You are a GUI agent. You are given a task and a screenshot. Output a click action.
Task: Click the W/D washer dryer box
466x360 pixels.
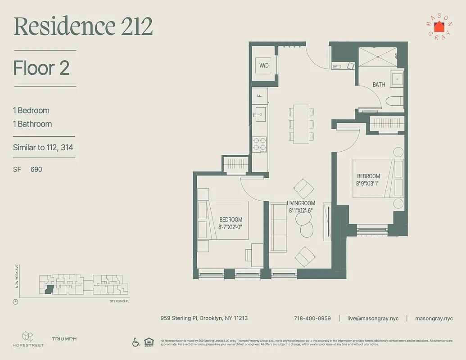(263, 66)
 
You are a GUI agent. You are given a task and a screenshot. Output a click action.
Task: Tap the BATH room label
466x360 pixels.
(379, 85)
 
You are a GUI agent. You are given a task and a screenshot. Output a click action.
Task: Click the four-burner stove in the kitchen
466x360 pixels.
(259, 144)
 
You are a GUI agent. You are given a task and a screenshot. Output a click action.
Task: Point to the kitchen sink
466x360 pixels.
(259, 112)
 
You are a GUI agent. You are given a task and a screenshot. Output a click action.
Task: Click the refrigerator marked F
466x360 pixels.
(259, 95)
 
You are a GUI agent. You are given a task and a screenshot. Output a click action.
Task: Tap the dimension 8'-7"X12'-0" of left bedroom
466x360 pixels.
(231, 226)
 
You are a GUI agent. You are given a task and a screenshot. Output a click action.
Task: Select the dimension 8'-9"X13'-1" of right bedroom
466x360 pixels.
(369, 183)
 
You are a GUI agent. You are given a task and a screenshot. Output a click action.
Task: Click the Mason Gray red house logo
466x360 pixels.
(439, 27)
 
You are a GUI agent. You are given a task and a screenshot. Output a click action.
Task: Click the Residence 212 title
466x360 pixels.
(83, 27)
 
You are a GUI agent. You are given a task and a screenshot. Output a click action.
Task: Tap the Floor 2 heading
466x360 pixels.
(41, 68)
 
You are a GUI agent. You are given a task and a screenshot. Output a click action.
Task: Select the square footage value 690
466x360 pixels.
(36, 170)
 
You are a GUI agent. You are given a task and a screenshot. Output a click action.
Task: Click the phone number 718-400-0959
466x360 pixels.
(312, 318)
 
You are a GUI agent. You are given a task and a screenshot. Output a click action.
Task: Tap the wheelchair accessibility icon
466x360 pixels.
(136, 342)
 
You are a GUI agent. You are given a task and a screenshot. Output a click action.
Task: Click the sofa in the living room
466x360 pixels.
(278, 227)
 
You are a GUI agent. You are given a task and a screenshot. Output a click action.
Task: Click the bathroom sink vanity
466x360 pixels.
(397, 80)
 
